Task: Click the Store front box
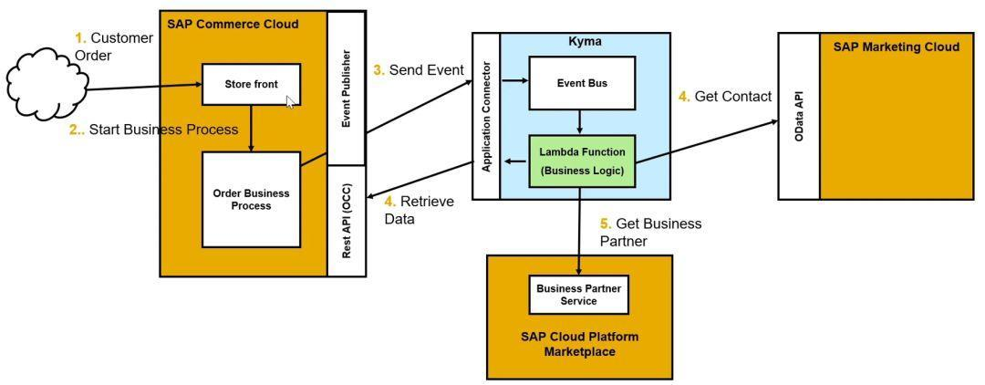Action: pos(251,85)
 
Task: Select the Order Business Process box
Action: pos(251,199)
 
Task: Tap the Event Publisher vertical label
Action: pos(347,88)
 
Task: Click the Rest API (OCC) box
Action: pos(347,221)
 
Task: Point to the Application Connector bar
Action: pos(486,116)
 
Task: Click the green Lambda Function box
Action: pos(581,160)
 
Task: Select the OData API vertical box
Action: pos(799,116)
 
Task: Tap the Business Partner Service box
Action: pos(579,294)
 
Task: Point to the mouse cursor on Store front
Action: pos(290,101)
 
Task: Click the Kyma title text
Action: pos(585,42)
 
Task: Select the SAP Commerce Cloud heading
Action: pos(233,24)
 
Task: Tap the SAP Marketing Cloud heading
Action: pos(896,47)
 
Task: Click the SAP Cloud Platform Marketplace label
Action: pos(579,343)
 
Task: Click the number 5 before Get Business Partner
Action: pos(604,224)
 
